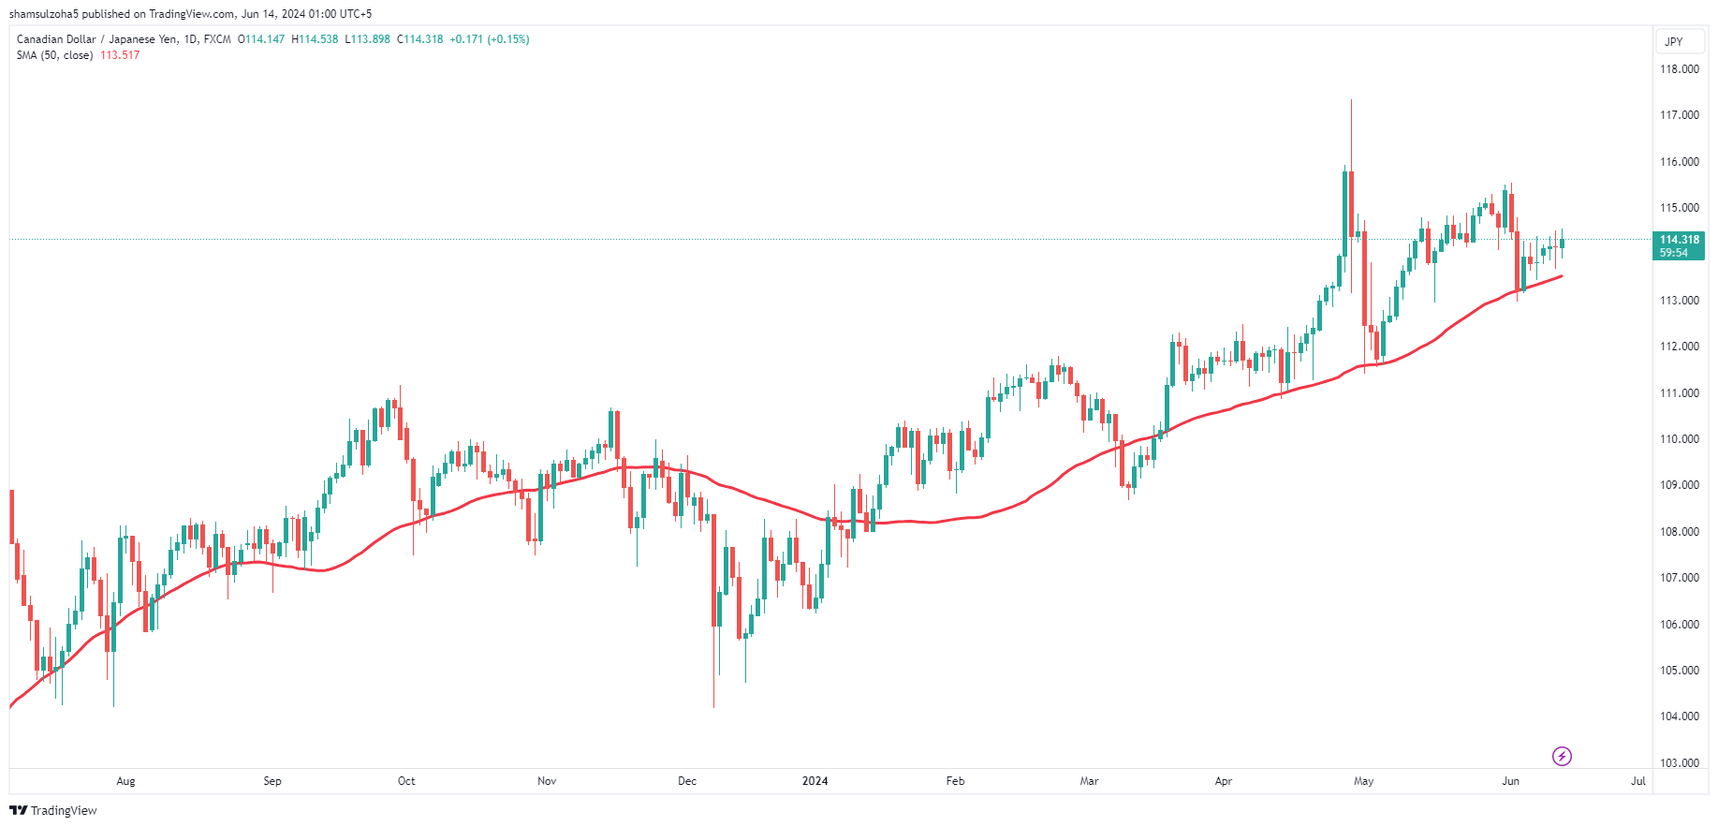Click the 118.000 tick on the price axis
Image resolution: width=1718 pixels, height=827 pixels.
click(x=1679, y=69)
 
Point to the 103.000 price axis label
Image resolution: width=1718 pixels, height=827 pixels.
click(x=1679, y=762)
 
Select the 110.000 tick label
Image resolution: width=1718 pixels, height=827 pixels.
click(x=1679, y=439)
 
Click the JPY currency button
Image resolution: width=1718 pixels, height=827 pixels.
click(x=1674, y=41)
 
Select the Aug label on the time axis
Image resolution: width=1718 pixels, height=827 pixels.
click(x=125, y=781)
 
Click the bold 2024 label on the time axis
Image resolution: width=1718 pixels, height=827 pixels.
click(x=815, y=781)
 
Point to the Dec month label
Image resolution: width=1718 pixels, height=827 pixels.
click(x=687, y=781)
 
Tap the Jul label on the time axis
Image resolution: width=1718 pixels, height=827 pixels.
click(x=1637, y=781)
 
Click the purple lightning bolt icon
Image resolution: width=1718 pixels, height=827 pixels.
click(x=1562, y=756)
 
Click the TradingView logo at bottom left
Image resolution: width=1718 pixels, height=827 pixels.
click(x=53, y=810)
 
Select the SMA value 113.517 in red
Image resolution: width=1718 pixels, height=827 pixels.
click(x=120, y=55)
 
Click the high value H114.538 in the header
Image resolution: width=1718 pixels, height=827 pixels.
click(x=315, y=39)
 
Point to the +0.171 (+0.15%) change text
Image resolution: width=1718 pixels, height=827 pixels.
click(x=489, y=39)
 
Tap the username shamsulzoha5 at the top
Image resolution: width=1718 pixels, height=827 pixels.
click(x=43, y=14)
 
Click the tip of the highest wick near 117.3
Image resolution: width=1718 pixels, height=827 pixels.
click(x=1351, y=100)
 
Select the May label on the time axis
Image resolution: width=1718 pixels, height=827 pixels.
click(x=1363, y=781)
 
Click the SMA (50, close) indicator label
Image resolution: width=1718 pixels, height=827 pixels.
click(x=54, y=55)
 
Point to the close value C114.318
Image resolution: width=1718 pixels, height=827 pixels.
click(x=420, y=39)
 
